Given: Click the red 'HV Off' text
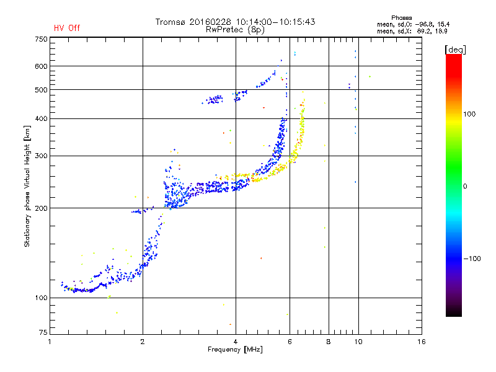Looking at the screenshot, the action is pos(67,28).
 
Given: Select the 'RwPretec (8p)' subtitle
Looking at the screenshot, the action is pos(235,30).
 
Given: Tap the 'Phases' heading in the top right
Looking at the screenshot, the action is pos(401,18).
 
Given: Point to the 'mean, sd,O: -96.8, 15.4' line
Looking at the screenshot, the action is pos(413,24).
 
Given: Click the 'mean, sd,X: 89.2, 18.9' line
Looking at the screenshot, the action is pos(412,31).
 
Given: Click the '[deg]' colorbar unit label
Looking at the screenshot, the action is pos(455,50).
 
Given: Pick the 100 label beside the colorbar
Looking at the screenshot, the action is pos(469,114).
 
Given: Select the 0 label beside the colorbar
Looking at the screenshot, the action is pos(465,186).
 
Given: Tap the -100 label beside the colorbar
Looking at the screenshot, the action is pos(472,259).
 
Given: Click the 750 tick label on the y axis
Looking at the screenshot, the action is pos(41,39).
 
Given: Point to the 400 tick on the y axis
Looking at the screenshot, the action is pos(41,118).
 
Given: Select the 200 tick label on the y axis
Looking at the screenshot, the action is pos(41,208).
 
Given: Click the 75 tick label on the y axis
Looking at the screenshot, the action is pos(43,332).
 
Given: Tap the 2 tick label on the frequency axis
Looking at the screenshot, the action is pos(143,342).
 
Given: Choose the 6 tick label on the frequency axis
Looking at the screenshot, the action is pos(290,342).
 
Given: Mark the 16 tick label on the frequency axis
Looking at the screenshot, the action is pos(422,342).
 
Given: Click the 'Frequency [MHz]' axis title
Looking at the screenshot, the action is pos(235,350).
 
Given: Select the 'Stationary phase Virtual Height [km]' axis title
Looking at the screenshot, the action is pos(27,186).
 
